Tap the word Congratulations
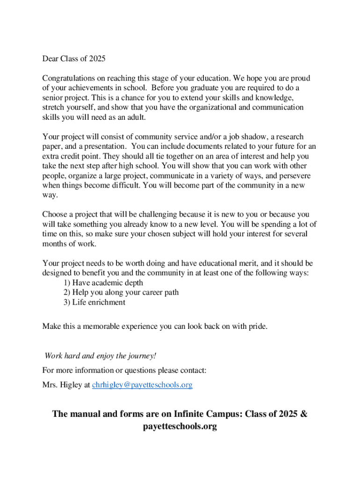pos(70,78)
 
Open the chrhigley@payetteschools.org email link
pos(142,385)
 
